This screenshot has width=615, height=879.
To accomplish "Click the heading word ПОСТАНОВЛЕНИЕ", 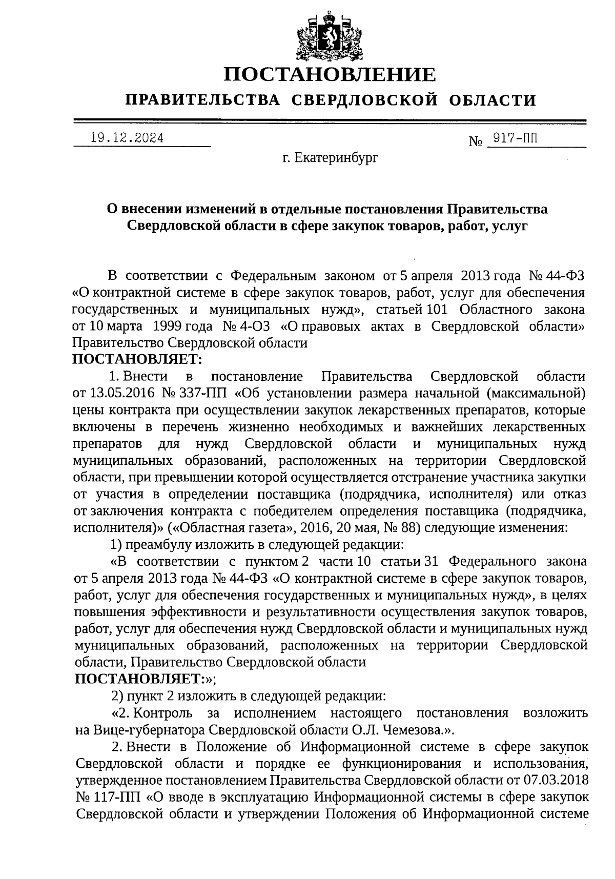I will tap(330, 75).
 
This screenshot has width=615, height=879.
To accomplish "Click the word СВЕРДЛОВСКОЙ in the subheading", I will tap(364, 100).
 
